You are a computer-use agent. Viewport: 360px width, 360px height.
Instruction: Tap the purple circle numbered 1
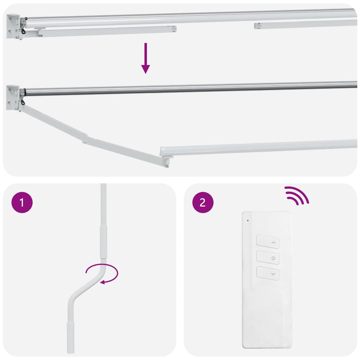pyautogui.click(x=22, y=203)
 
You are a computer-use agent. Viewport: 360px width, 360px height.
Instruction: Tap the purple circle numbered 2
pyautogui.click(x=203, y=203)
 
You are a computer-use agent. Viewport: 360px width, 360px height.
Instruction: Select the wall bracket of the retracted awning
pyautogui.click(x=13, y=26)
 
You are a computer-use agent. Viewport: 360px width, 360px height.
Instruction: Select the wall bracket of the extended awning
pyautogui.click(x=13, y=97)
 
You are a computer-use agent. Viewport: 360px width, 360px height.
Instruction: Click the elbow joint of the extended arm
pyautogui.click(x=85, y=138)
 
